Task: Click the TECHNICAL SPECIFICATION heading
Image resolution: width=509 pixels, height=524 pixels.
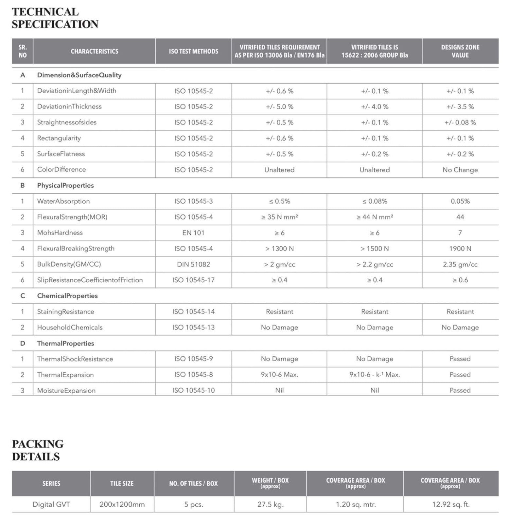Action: click(x=55, y=18)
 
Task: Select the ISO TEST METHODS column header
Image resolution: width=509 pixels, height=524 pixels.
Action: click(x=193, y=51)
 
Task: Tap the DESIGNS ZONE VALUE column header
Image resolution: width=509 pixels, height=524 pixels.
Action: click(x=460, y=51)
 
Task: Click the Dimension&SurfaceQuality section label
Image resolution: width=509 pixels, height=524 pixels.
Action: click(x=79, y=75)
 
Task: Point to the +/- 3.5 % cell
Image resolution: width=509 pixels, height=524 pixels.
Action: click(x=460, y=107)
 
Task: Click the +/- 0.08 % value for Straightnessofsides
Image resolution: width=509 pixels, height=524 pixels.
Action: click(x=460, y=122)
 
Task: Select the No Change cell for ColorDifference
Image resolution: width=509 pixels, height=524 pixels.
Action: click(x=460, y=170)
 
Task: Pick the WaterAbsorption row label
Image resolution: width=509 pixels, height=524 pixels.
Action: click(x=63, y=201)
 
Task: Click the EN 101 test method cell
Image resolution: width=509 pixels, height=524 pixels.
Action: click(x=193, y=233)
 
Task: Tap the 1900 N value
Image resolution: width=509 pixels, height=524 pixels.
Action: click(x=460, y=249)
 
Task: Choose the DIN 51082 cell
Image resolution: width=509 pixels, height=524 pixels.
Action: click(x=193, y=264)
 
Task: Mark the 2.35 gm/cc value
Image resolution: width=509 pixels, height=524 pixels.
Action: click(x=460, y=264)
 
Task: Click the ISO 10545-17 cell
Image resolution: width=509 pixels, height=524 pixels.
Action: click(x=193, y=280)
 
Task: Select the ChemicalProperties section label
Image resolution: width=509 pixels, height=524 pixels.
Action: click(x=67, y=296)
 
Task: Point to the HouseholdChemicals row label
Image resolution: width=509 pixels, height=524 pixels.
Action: click(x=70, y=327)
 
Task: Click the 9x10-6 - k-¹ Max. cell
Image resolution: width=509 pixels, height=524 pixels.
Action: click(x=375, y=375)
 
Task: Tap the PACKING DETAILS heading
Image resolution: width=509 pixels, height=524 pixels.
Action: click(x=38, y=450)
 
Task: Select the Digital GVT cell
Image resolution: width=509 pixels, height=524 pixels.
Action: click(x=51, y=504)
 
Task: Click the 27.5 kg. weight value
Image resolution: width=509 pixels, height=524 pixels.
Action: click(x=270, y=504)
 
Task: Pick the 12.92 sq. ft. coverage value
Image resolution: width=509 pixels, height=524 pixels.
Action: click(x=450, y=504)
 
